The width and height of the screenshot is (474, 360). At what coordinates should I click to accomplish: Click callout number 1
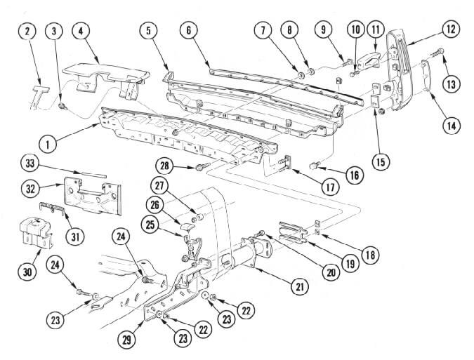48,145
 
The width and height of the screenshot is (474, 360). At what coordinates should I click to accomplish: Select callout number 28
165,166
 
